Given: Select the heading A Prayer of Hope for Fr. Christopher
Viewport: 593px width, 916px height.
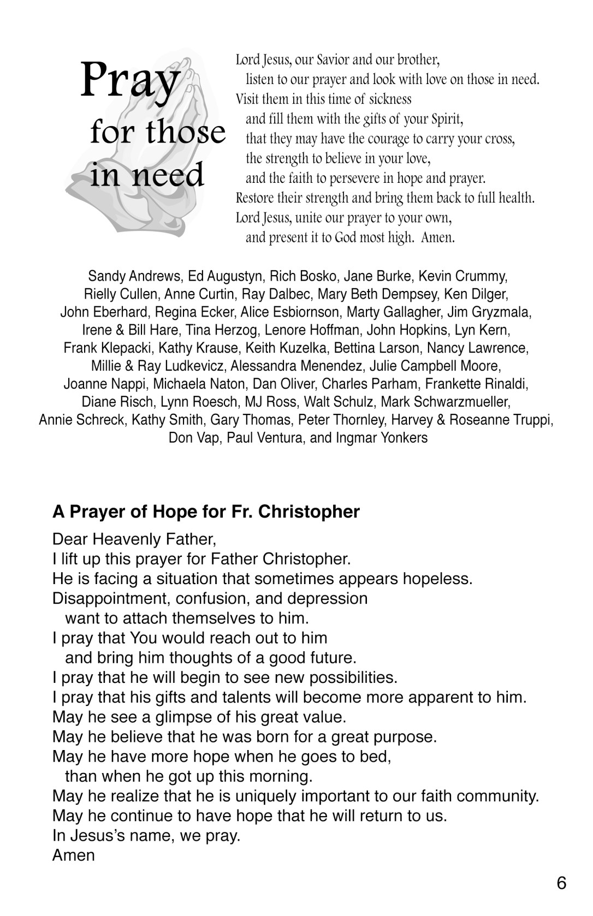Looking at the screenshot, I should (206, 511).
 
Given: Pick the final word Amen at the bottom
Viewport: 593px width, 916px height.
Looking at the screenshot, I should (73, 855).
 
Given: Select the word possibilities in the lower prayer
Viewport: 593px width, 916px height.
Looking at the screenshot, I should (353, 677).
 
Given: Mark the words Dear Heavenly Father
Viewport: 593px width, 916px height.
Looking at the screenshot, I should (134, 539).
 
